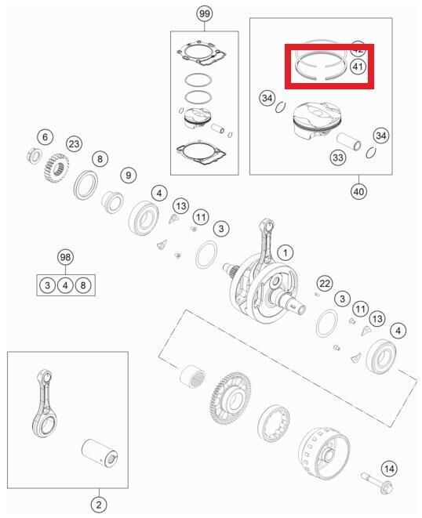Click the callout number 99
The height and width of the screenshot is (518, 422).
[x=204, y=15]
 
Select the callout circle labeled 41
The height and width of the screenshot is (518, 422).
[x=357, y=67]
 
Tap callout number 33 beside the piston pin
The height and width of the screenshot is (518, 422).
[x=338, y=158]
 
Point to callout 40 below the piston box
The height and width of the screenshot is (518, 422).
[x=359, y=190]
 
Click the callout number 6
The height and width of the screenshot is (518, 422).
[x=45, y=137]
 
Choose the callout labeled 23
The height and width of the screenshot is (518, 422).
[x=74, y=143]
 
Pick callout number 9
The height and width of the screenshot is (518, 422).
[x=127, y=174]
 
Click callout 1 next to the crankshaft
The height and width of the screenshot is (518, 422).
[x=286, y=252]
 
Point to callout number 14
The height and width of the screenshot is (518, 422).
[x=388, y=469]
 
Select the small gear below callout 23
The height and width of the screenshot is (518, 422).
[x=54, y=166]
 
